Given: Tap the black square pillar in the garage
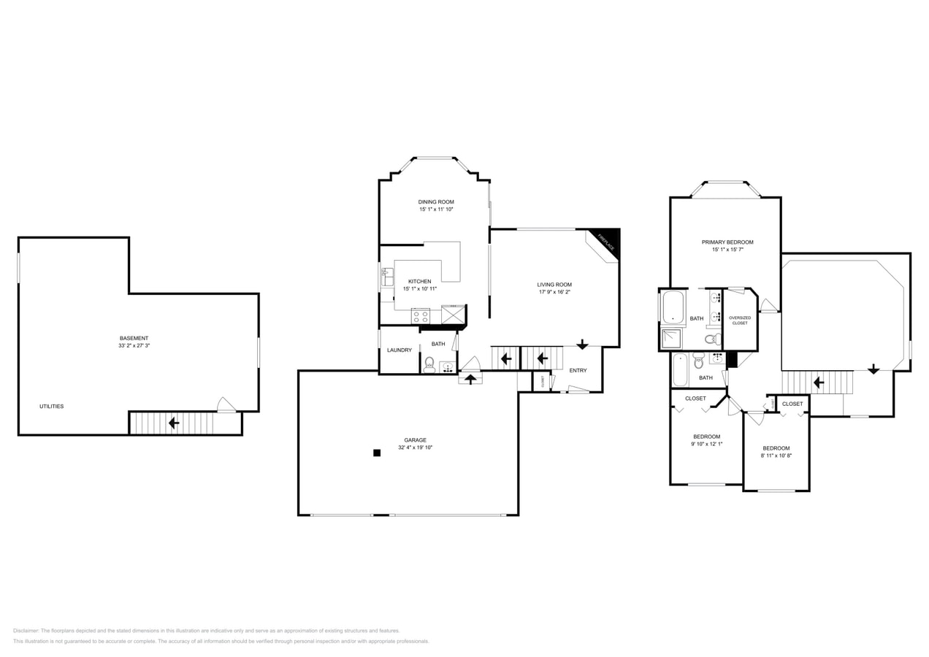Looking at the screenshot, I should coord(377,453).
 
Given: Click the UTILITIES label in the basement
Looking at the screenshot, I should coord(51,406).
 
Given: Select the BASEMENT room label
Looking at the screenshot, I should coord(134,338).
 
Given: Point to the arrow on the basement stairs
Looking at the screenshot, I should coord(174,423).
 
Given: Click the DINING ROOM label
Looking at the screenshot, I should coord(436,202).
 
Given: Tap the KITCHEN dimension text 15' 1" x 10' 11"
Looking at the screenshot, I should coord(419,289).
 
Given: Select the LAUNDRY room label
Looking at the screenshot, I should coord(399,350).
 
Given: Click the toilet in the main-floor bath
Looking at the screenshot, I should coord(429,364).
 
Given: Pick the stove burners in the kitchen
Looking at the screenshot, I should coord(421,315).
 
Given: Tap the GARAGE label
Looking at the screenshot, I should coord(415,440).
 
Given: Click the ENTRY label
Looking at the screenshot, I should coord(578,370).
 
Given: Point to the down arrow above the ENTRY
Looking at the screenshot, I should coord(582,344).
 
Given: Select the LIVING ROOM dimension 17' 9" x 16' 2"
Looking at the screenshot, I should coord(554,292).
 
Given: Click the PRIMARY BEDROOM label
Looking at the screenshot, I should coord(727,242).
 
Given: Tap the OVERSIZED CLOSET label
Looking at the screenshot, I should coord(740,320).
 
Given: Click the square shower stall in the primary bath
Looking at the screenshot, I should coord(671,339).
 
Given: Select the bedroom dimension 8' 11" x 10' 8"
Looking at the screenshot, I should coord(776,456).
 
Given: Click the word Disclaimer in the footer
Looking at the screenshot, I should coord(26,631).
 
